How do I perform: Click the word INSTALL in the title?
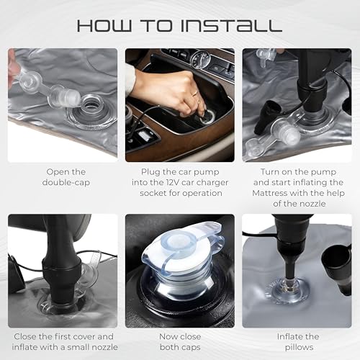(231, 26)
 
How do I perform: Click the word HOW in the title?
(104, 26)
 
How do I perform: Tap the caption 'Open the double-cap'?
(66, 177)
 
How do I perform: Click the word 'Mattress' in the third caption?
(270, 193)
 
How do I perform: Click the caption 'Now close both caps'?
(180, 342)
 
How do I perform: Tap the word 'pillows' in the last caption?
(299, 347)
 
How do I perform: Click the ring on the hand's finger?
(196, 93)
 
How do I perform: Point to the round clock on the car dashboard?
(200, 59)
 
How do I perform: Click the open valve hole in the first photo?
(92, 104)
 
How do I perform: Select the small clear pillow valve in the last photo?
(289, 289)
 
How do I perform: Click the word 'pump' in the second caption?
(207, 172)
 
